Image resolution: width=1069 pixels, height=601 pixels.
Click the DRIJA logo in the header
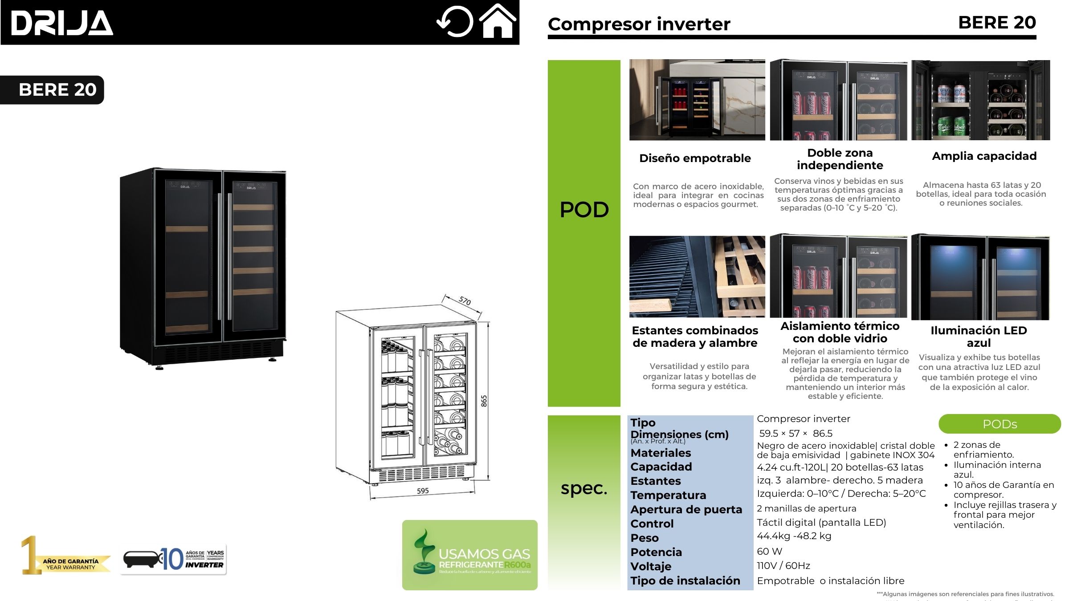coord(62,23)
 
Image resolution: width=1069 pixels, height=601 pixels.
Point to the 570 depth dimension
coord(465,301)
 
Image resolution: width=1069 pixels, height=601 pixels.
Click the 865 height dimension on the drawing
coord(484,401)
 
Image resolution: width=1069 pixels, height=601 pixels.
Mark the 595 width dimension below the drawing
coord(423,491)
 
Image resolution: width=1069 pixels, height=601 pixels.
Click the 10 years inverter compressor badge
coord(174,559)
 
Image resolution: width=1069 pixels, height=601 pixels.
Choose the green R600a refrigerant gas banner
coord(469,555)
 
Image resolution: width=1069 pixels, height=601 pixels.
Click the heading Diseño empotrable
coord(695,158)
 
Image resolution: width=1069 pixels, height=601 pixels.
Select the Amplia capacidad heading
coord(984,156)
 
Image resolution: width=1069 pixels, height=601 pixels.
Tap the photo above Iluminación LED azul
coord(980,277)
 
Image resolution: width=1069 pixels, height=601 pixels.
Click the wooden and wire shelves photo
coord(697,276)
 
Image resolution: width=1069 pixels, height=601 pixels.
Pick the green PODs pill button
coord(1000,424)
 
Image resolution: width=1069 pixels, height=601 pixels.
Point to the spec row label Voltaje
coord(651,566)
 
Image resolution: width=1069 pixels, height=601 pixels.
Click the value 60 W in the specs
coord(769,551)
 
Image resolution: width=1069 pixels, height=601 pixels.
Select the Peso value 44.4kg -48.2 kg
coord(794,536)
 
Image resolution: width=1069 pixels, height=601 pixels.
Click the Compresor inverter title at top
coord(639,24)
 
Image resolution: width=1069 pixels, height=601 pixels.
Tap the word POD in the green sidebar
coord(584,210)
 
